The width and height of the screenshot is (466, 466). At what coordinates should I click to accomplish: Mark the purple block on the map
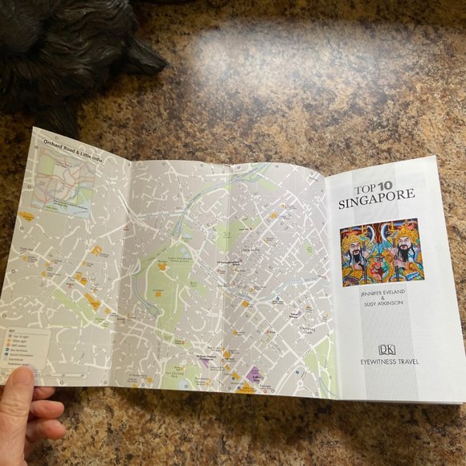click(x=255, y=374)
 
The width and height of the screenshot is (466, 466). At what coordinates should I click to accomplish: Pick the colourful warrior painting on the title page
click(x=378, y=252)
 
